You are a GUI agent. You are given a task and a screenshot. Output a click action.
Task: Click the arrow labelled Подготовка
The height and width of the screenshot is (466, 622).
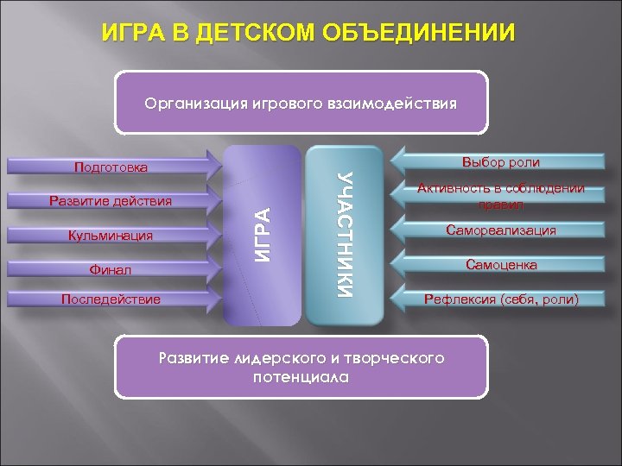112,166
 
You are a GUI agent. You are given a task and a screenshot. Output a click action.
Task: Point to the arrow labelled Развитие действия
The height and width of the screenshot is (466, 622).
112,201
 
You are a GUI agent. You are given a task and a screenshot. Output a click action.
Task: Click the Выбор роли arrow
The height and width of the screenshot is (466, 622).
501,161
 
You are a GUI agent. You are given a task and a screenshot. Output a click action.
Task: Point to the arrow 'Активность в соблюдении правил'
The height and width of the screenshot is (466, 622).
501,197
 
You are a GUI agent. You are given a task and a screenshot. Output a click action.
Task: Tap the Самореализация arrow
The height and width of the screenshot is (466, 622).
501,230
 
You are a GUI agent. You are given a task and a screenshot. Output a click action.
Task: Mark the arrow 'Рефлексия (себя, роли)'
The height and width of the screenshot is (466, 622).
501,299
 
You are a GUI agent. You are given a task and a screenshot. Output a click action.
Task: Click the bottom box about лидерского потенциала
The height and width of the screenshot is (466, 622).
301,367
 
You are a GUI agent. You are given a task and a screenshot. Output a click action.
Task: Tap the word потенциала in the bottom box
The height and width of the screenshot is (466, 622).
301,377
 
